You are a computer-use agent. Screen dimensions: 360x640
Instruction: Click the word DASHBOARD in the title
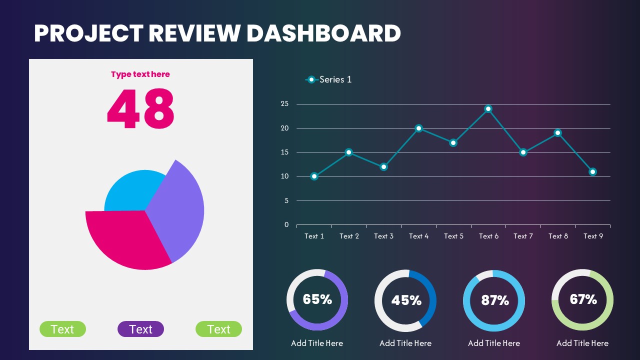323,33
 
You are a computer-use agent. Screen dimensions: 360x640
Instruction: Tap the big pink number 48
140,108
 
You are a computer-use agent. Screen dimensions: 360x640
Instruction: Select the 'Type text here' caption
140,74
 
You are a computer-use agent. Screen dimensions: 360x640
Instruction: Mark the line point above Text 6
488,109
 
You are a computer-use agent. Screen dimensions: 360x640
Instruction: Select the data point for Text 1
314,176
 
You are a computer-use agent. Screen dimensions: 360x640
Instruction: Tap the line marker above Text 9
592,172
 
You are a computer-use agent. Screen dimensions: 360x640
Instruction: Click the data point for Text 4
418,128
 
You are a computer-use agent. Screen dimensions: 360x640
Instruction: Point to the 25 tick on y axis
285,104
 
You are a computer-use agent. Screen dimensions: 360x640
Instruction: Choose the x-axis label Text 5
453,236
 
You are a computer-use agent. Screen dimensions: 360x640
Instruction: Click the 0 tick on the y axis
287,225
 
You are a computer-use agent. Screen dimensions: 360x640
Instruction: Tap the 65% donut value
317,299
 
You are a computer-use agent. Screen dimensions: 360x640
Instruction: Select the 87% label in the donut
494,300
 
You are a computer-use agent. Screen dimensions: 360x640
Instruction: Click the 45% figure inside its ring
406,300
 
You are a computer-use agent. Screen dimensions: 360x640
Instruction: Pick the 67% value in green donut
583,299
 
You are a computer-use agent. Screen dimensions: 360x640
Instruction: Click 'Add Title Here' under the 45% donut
405,343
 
